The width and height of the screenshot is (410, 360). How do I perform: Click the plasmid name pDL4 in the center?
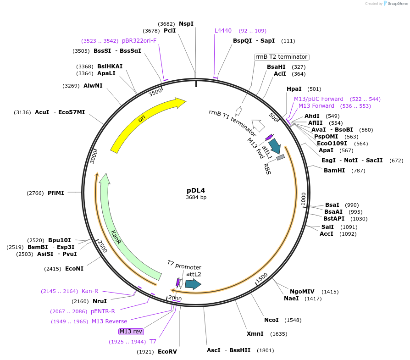pos(196,190)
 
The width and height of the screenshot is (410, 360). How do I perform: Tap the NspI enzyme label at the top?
pos(186,23)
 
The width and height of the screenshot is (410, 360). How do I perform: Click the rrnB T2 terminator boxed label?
pos(282,57)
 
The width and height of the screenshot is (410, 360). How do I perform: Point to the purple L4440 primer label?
pos(223,31)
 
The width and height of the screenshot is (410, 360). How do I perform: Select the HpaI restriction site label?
pos(294,89)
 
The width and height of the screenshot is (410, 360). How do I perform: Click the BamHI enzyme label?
pos(334,171)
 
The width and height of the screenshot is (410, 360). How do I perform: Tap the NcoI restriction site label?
pos(271,320)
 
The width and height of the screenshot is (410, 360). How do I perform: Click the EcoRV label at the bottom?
pos(167,352)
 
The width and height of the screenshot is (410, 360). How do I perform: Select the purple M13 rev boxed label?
pos(131,331)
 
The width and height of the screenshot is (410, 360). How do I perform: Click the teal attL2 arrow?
pos(193,284)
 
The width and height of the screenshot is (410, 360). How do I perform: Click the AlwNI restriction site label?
pos(93,86)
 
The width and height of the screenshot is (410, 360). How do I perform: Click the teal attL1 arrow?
pos(275,146)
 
